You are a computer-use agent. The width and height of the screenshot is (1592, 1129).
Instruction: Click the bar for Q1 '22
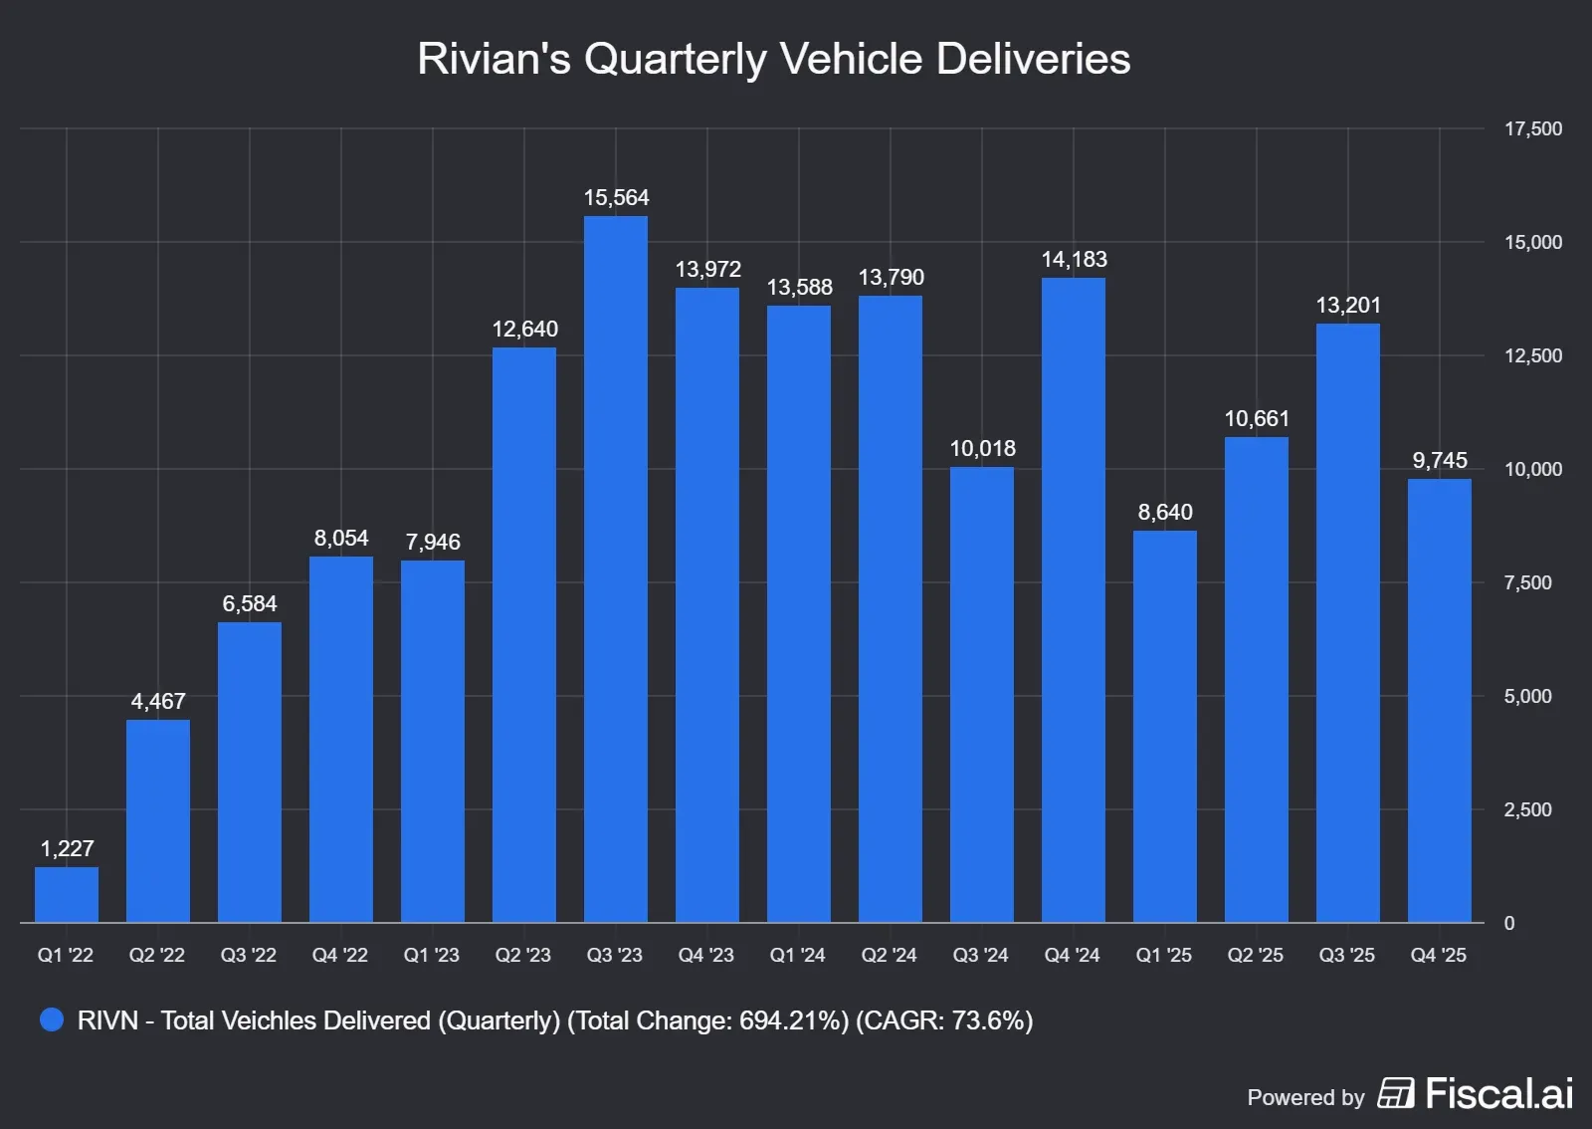[x=67, y=894]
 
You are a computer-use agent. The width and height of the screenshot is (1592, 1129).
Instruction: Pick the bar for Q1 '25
[x=1164, y=727]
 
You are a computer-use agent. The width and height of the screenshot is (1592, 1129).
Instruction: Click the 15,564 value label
[x=616, y=197]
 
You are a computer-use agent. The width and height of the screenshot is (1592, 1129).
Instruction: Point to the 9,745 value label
[x=1439, y=460]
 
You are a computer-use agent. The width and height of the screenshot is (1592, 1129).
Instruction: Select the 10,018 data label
[x=982, y=448]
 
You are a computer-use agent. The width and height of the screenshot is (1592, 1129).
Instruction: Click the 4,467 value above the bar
[x=158, y=701]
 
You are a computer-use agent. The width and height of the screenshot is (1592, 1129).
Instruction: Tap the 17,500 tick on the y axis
[x=1532, y=128]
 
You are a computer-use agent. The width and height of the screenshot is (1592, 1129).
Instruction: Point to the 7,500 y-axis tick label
[x=1527, y=582]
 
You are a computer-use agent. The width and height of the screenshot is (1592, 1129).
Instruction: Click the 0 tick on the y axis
[x=1509, y=923]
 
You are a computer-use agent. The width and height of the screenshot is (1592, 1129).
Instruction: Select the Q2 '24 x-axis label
[x=889, y=955]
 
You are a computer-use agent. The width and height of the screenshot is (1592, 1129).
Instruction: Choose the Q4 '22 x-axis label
[x=339, y=955]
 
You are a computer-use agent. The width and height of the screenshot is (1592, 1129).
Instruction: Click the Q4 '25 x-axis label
[x=1438, y=955]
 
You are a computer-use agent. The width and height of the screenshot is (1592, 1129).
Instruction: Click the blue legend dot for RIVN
[x=52, y=1019]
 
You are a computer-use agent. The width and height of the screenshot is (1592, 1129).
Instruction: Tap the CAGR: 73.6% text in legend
[x=944, y=1020]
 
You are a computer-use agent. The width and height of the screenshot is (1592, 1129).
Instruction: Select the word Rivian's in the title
[x=494, y=58]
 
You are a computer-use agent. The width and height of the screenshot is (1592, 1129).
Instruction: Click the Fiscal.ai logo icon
[x=1395, y=1093]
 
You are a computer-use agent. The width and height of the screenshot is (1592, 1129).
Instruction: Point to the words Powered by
[x=1305, y=1097]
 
